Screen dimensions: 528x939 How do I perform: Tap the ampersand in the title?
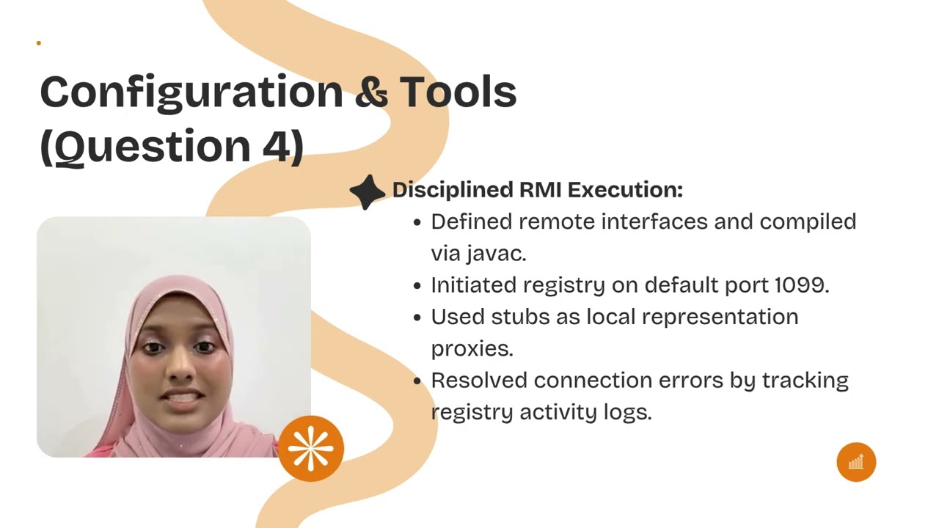(371, 92)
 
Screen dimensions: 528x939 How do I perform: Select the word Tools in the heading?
(458, 92)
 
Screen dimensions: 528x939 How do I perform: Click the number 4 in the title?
(276, 145)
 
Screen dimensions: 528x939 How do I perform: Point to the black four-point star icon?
(367, 191)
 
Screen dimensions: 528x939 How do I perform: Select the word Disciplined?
(453, 190)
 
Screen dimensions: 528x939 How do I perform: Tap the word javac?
(496, 253)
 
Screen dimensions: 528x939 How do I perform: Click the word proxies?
(472, 349)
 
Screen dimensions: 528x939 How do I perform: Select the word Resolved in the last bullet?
(479, 381)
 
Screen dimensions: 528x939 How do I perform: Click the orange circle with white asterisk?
(311, 448)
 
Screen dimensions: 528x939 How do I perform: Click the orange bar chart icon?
(856, 462)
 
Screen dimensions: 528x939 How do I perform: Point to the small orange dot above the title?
(38, 43)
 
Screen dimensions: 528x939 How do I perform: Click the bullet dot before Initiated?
(417, 285)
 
